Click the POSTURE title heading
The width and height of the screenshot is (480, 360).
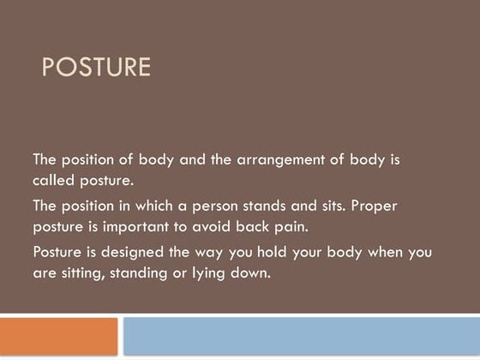pos(96,67)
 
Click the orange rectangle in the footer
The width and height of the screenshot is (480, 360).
pos(58,336)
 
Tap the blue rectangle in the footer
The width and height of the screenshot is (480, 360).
pos(301,336)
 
